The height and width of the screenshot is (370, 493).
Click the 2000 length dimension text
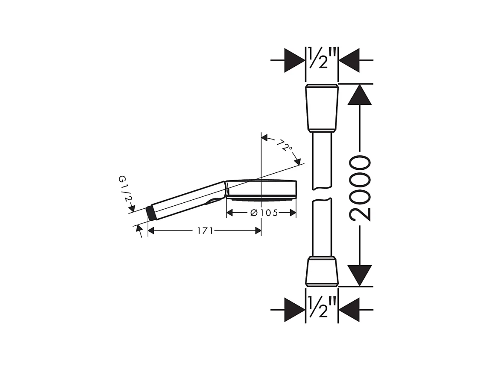point(360,188)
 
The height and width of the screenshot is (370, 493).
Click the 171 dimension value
point(205,231)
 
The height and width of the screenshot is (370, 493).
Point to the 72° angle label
point(284,146)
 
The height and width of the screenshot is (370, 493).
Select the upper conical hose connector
point(322,108)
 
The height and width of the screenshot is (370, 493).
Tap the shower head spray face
point(261,198)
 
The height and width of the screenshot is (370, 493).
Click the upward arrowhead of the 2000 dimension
point(360,95)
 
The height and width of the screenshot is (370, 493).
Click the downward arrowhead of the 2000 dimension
point(360,275)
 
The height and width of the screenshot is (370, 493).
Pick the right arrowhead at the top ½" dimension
point(349,60)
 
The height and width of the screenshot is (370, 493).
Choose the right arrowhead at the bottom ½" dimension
point(349,309)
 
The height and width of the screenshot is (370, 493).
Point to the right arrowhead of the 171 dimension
point(257,231)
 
